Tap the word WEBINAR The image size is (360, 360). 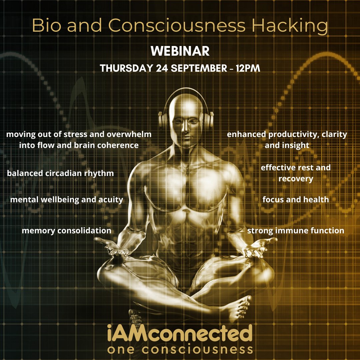[x=180, y=52]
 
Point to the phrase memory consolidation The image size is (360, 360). [x=66, y=231]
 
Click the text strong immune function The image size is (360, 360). [x=296, y=230]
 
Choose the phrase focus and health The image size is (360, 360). [x=296, y=200]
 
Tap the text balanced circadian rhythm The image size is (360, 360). [x=60, y=173]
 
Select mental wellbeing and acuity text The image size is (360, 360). [x=67, y=200]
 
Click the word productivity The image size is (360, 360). [x=293, y=135]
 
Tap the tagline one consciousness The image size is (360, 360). [x=180, y=349]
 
